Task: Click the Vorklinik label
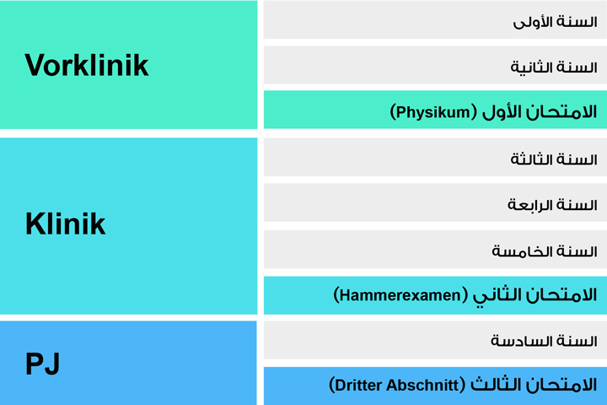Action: [x=87, y=65]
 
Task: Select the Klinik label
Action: [x=65, y=224]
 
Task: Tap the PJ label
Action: [x=42, y=364]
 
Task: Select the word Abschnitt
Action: [x=423, y=386]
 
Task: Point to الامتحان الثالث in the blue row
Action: [x=531, y=386]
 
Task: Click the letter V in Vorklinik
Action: [x=35, y=65]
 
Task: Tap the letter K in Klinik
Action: [x=35, y=224]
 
